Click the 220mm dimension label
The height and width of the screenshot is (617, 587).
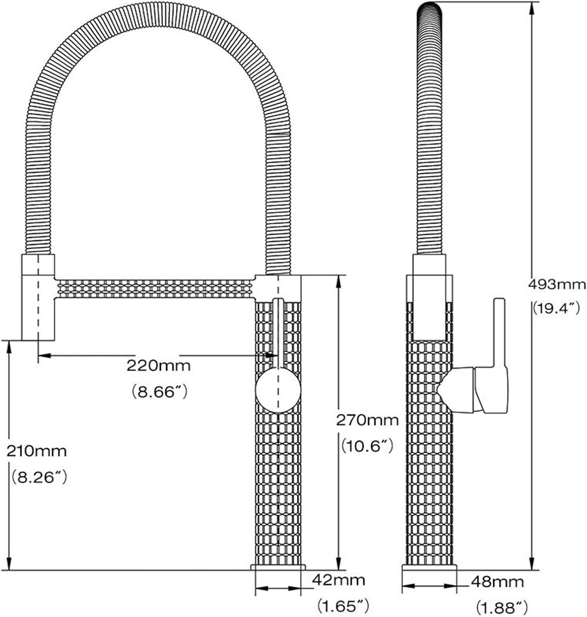tap(158, 365)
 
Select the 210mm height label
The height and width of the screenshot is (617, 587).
tap(36, 451)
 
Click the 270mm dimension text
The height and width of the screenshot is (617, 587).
tap(367, 420)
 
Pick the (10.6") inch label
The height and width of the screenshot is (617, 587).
tap(367, 445)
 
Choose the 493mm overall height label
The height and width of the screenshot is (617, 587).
tap(557, 283)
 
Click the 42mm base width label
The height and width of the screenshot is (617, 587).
tap(338, 580)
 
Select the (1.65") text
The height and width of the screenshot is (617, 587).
tap(343, 605)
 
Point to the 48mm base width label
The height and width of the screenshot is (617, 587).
tap(497, 582)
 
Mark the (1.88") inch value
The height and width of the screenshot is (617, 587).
tap(501, 607)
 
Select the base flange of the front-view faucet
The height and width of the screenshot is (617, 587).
tap(278, 568)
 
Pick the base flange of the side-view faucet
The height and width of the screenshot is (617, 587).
tap(429, 568)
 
